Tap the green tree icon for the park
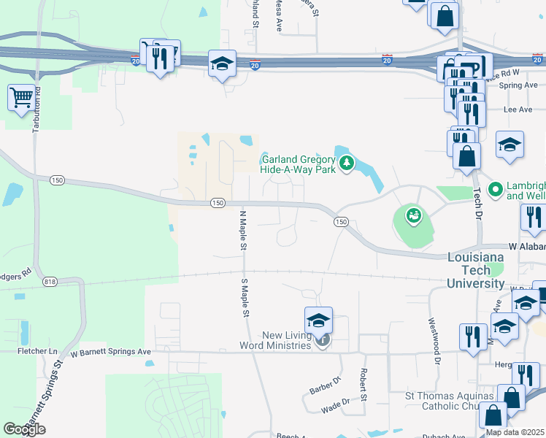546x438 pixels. [x=347, y=162]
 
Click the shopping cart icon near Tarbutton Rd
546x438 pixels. [x=21, y=97]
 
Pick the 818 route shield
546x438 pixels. [x=50, y=282]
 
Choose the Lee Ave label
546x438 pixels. [x=518, y=109]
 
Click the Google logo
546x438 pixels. [x=24, y=429]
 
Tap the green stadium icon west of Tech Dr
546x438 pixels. [x=414, y=215]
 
